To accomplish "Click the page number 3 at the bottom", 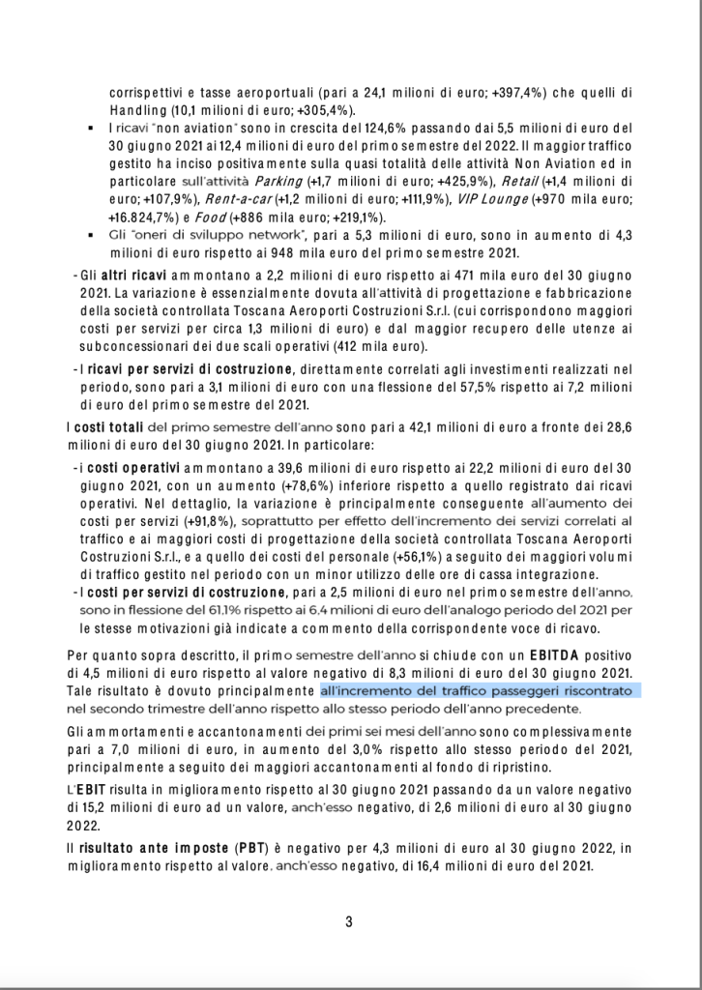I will click(349, 921).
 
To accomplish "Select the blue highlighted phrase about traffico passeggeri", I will click(482, 691).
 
